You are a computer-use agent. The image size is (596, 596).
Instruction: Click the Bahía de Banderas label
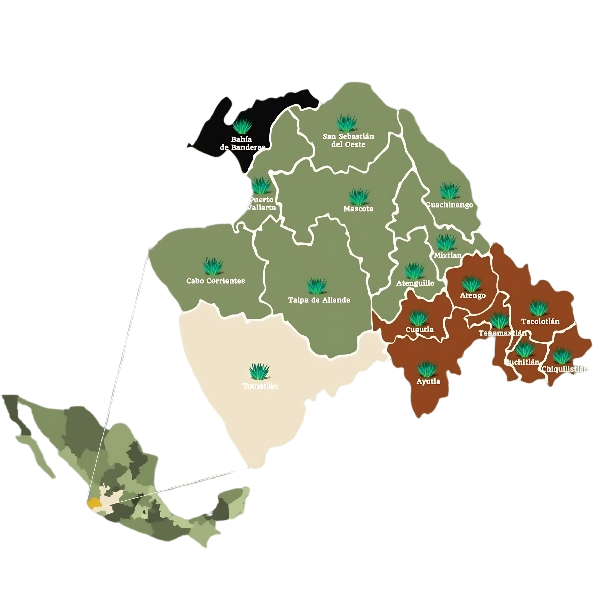tap(242, 143)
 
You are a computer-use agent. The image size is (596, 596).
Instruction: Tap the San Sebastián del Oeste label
tap(348, 140)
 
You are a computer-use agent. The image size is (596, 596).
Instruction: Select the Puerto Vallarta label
tap(261, 204)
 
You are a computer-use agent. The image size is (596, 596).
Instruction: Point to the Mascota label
tap(358, 209)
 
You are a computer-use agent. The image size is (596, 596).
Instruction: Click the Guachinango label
tap(450, 205)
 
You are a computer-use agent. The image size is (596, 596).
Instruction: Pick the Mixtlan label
tap(448, 255)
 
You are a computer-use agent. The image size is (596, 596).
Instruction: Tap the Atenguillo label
tap(415, 283)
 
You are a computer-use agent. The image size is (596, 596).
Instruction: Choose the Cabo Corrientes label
tap(215, 281)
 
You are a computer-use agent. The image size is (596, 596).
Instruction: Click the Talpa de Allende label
tap(319, 300)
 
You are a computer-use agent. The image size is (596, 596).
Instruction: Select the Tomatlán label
tap(260, 386)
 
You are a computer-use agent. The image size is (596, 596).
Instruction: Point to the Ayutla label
tap(428, 381)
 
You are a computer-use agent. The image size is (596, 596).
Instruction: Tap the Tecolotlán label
tap(540, 321)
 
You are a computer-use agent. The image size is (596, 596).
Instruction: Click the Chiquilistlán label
tap(565, 369)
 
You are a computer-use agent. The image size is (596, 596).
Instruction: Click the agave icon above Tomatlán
tap(260, 371)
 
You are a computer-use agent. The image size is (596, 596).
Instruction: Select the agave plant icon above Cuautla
tap(419, 317)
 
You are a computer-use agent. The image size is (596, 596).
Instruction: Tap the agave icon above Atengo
tap(472, 283)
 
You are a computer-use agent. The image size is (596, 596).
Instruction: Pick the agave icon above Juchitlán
tap(524, 350)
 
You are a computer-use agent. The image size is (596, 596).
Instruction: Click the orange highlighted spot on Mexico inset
tap(92, 503)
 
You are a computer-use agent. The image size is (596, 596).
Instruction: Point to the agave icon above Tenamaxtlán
tap(500, 321)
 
